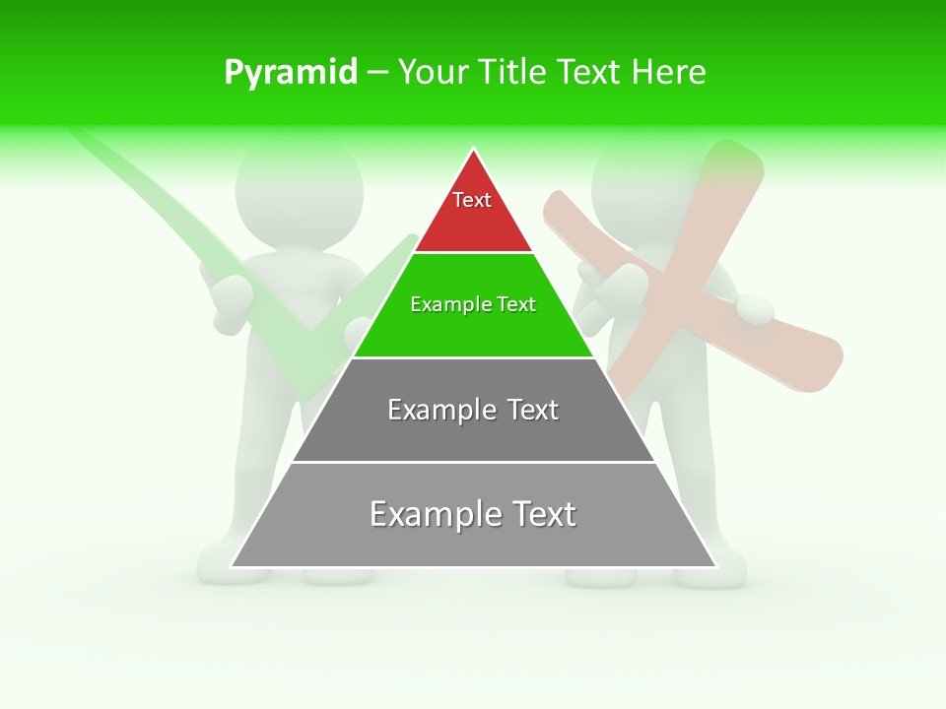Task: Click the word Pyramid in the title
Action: [x=291, y=73]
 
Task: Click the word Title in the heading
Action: [x=511, y=72]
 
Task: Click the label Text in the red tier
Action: [x=472, y=200]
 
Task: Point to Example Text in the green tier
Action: [x=473, y=304]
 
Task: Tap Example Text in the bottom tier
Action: [x=473, y=514]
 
